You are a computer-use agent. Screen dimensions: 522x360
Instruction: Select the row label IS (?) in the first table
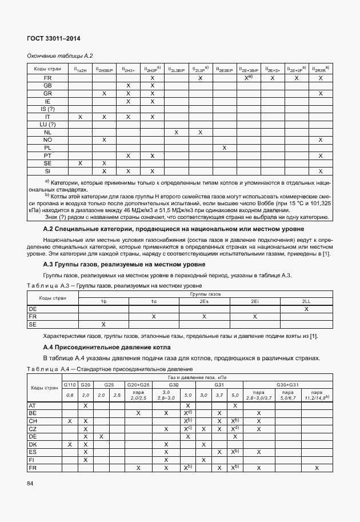click(x=47, y=109)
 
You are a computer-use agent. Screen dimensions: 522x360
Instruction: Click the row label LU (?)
click(x=47, y=124)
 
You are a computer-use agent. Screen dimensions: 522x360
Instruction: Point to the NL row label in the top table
click(x=47, y=132)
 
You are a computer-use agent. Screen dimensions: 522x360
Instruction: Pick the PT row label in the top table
click(x=47, y=156)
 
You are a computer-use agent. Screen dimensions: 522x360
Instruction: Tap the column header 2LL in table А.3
click(x=306, y=301)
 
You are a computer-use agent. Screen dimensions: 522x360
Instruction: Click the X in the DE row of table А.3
click(x=306, y=309)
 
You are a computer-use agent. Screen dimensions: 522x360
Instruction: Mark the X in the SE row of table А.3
click(x=104, y=324)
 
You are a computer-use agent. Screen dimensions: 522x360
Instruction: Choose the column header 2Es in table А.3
click(x=203, y=301)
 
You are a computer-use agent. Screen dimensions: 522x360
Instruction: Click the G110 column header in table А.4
click(x=70, y=385)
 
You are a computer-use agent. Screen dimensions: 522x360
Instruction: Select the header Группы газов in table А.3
click(x=202, y=293)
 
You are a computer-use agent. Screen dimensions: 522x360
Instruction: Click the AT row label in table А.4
click(x=32, y=405)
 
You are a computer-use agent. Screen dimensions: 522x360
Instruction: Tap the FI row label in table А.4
click(x=32, y=459)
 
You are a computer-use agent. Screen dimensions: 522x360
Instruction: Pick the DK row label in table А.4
click(x=32, y=444)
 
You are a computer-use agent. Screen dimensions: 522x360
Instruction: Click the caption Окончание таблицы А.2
click(x=60, y=55)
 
